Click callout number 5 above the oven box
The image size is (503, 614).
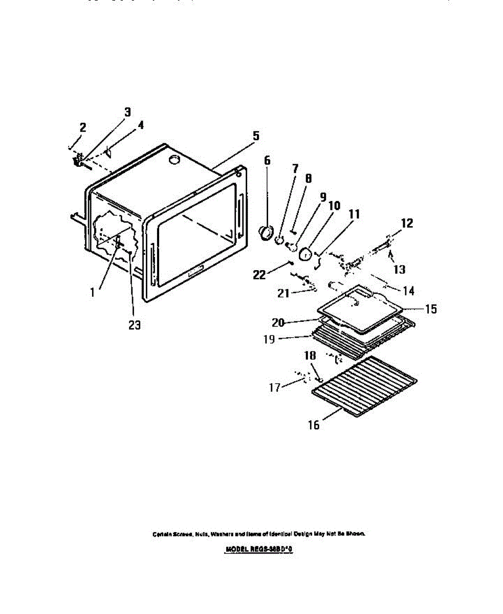[x=256, y=136]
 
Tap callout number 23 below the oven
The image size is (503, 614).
[x=134, y=325]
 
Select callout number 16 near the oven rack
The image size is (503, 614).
[x=314, y=425]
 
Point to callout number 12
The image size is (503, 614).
[x=407, y=223]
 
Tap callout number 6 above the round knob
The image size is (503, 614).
[x=267, y=160]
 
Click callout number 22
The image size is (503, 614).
[x=259, y=275]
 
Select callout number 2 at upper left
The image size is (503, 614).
[x=83, y=127]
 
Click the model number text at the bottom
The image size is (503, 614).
[x=260, y=550]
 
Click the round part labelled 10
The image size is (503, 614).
[x=305, y=254]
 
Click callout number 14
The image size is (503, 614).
[x=408, y=291]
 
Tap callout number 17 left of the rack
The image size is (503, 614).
[x=275, y=387]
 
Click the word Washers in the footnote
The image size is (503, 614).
[x=222, y=534]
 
